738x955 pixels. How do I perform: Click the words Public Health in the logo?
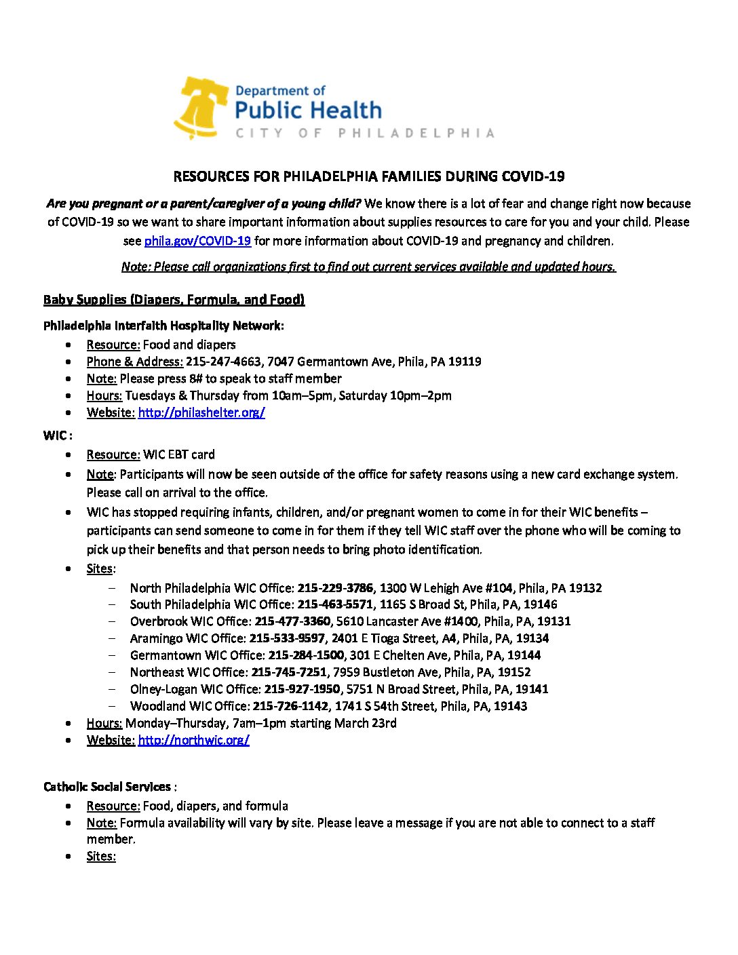pyautogui.click(x=308, y=111)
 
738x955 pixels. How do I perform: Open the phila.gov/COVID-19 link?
pyautogui.click(x=197, y=241)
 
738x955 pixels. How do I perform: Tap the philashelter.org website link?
pyautogui.click(x=201, y=412)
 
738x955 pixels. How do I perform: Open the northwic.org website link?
pyautogui.click(x=193, y=740)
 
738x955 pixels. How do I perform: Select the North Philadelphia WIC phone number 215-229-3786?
pyautogui.click(x=335, y=588)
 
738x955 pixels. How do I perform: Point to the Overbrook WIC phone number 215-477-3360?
pyautogui.click(x=292, y=621)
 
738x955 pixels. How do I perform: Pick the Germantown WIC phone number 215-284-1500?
pyautogui.click(x=306, y=655)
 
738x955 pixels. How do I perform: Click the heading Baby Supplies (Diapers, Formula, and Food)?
pyautogui.click(x=174, y=300)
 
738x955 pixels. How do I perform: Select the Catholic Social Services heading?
pyautogui.click(x=107, y=787)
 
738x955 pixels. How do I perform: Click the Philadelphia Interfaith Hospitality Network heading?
pyautogui.click(x=163, y=326)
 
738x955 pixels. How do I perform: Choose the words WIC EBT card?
pyautogui.click(x=178, y=454)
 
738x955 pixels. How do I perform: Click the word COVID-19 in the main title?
pyautogui.click(x=532, y=176)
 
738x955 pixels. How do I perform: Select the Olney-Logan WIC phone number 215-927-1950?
pyautogui.click(x=302, y=689)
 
